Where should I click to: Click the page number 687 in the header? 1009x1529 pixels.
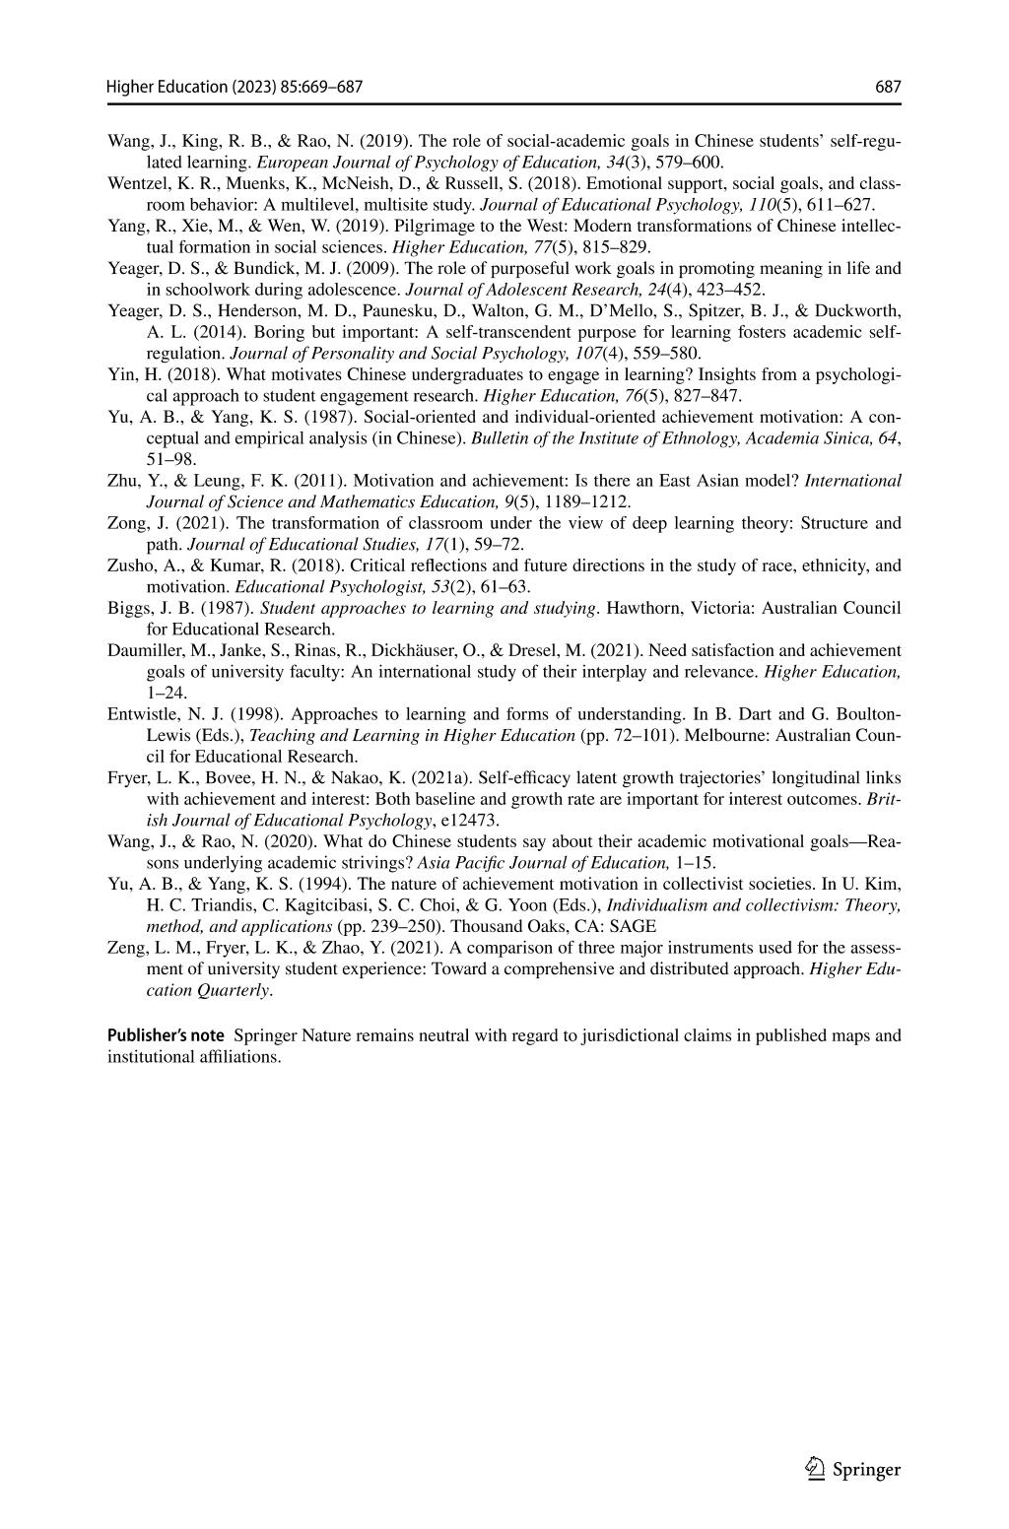pos(888,88)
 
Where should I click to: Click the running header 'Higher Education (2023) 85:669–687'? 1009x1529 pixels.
pos(235,88)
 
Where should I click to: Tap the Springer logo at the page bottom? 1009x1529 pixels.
pos(853,1470)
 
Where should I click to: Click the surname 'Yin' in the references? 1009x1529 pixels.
pos(119,374)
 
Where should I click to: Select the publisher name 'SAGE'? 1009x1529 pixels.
pos(636,926)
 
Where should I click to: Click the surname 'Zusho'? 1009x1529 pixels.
pos(128,565)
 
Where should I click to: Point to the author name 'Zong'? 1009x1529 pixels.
pos(125,523)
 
